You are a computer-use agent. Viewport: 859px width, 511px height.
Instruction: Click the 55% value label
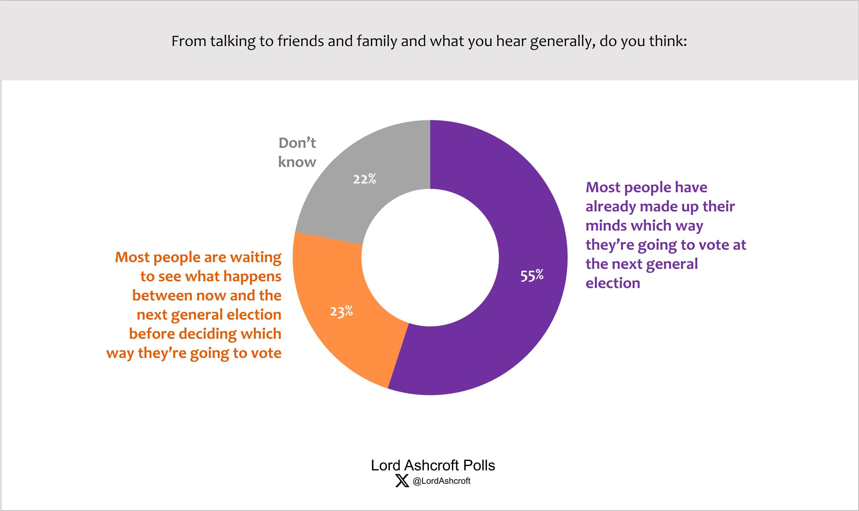click(x=532, y=275)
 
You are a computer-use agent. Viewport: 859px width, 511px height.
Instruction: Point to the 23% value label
click(x=341, y=312)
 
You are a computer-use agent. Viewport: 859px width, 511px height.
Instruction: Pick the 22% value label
click(x=364, y=179)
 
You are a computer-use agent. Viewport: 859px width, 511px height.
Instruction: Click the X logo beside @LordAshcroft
click(x=402, y=481)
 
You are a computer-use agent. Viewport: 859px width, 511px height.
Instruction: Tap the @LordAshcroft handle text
click(x=441, y=481)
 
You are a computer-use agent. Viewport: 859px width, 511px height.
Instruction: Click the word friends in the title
click(x=298, y=41)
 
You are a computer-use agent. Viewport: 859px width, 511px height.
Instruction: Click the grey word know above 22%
click(x=297, y=162)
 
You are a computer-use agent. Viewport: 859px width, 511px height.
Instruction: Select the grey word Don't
click(x=297, y=143)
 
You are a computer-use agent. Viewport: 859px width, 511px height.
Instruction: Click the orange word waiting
click(x=255, y=258)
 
